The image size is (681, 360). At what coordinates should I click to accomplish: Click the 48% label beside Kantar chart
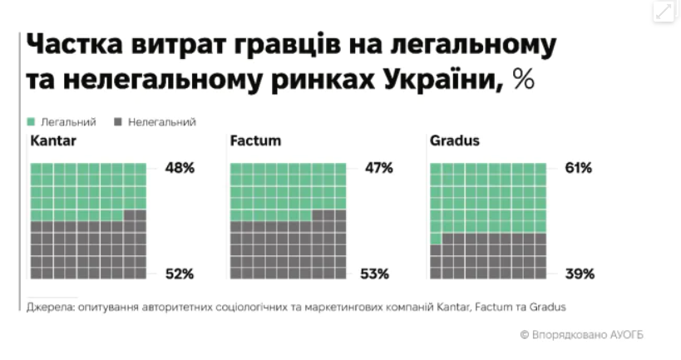tap(179, 168)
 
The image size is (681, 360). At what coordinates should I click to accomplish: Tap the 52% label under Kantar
tap(179, 274)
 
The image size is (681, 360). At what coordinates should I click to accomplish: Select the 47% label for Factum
tap(378, 168)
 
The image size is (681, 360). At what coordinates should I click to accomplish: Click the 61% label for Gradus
tap(578, 168)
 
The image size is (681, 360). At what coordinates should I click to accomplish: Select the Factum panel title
tap(255, 141)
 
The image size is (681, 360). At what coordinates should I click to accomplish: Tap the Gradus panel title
tap(455, 141)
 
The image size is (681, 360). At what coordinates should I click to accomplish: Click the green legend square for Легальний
tap(32, 121)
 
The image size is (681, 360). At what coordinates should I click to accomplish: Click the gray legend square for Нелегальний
tap(118, 121)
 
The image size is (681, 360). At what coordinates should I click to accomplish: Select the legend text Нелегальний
tap(162, 121)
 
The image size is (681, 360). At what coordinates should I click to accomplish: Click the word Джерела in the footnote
tap(51, 307)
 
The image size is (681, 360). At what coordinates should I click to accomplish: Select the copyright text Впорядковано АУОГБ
tap(587, 334)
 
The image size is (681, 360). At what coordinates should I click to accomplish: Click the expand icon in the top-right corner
tap(663, 11)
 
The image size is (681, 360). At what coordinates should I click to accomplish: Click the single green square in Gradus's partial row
tap(436, 239)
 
